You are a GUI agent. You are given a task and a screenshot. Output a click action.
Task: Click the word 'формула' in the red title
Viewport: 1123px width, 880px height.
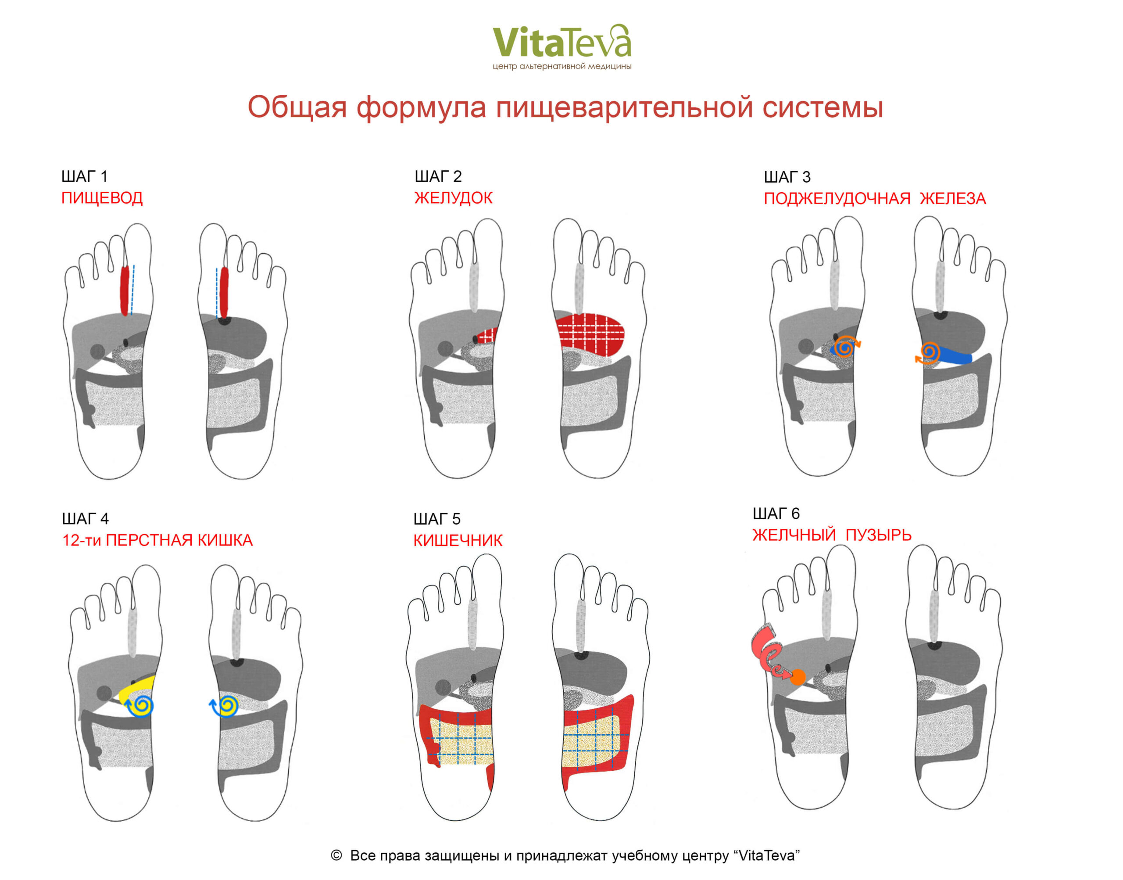421,107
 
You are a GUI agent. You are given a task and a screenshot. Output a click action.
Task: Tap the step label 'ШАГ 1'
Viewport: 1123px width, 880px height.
84,177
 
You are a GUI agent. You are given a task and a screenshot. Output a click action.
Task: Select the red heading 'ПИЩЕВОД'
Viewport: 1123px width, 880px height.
102,198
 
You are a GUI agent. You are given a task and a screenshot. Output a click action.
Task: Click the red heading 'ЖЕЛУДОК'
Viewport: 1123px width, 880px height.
453,198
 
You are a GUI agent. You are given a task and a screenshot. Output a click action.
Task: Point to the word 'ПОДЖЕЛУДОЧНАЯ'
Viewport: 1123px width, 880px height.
837,199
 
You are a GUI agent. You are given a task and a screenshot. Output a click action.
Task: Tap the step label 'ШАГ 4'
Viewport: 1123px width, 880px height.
85,519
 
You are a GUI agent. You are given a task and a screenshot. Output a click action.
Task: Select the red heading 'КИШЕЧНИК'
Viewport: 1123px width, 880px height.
458,540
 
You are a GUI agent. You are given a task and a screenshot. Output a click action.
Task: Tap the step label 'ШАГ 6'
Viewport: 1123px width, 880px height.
776,514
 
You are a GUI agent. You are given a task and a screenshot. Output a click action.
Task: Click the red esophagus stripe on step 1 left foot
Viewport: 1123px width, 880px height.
124,291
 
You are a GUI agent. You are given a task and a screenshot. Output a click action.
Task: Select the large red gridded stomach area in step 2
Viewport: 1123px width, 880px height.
590,334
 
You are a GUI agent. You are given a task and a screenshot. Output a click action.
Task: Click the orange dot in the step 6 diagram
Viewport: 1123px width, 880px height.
798,677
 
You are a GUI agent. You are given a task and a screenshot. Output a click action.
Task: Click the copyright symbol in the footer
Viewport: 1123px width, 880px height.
336,855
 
